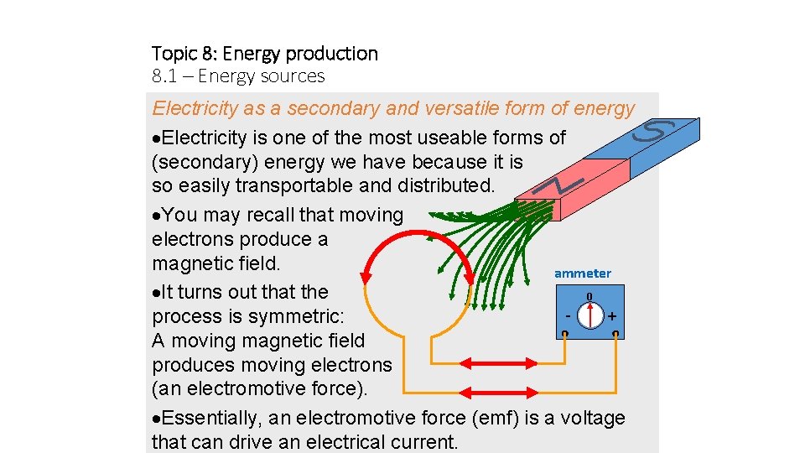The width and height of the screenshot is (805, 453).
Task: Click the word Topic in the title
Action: pyautogui.click(x=174, y=54)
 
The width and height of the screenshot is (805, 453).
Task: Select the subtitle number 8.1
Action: pyautogui.click(x=164, y=76)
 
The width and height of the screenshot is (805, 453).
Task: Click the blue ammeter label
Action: pyautogui.click(x=583, y=273)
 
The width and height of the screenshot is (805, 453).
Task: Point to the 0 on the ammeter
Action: pyautogui.click(x=589, y=296)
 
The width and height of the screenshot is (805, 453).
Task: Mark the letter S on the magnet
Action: pyautogui.click(x=657, y=132)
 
